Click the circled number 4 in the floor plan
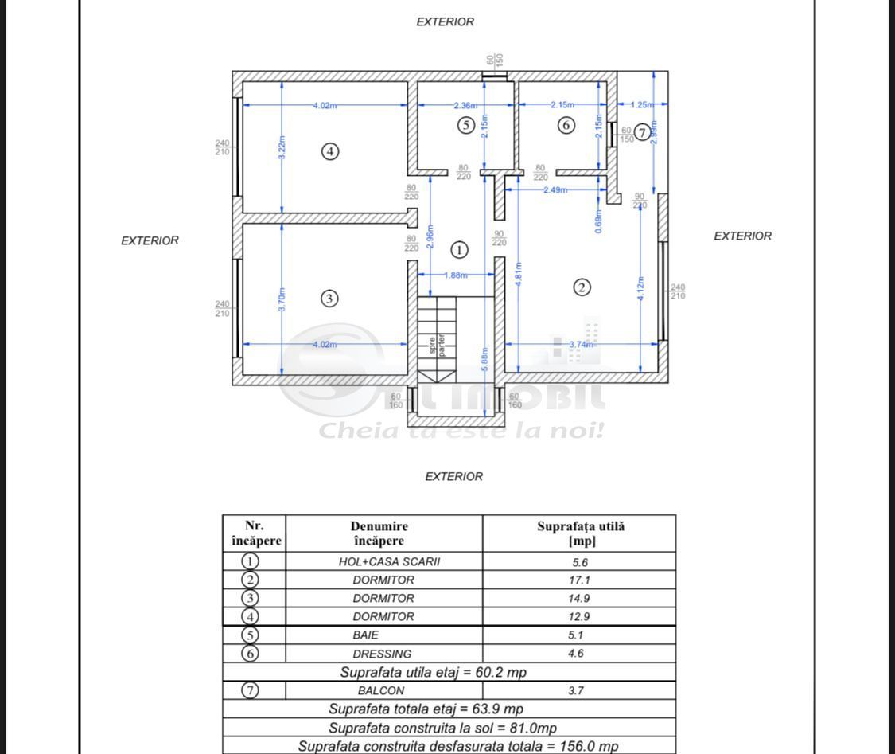click(330, 150)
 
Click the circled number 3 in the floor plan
click(329, 299)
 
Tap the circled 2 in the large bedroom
click(582, 287)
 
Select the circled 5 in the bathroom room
click(466, 125)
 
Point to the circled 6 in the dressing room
click(566, 125)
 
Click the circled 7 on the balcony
click(642, 132)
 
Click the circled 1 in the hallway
click(459, 250)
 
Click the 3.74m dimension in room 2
click(582, 345)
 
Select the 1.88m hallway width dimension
click(456, 275)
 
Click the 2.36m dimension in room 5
click(466, 105)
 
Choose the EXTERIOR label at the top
click(446, 22)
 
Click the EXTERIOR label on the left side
click(150, 240)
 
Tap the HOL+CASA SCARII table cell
click(383, 561)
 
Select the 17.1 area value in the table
click(580, 580)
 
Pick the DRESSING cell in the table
click(383, 654)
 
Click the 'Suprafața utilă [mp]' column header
click(581, 533)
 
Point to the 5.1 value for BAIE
click(580, 635)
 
